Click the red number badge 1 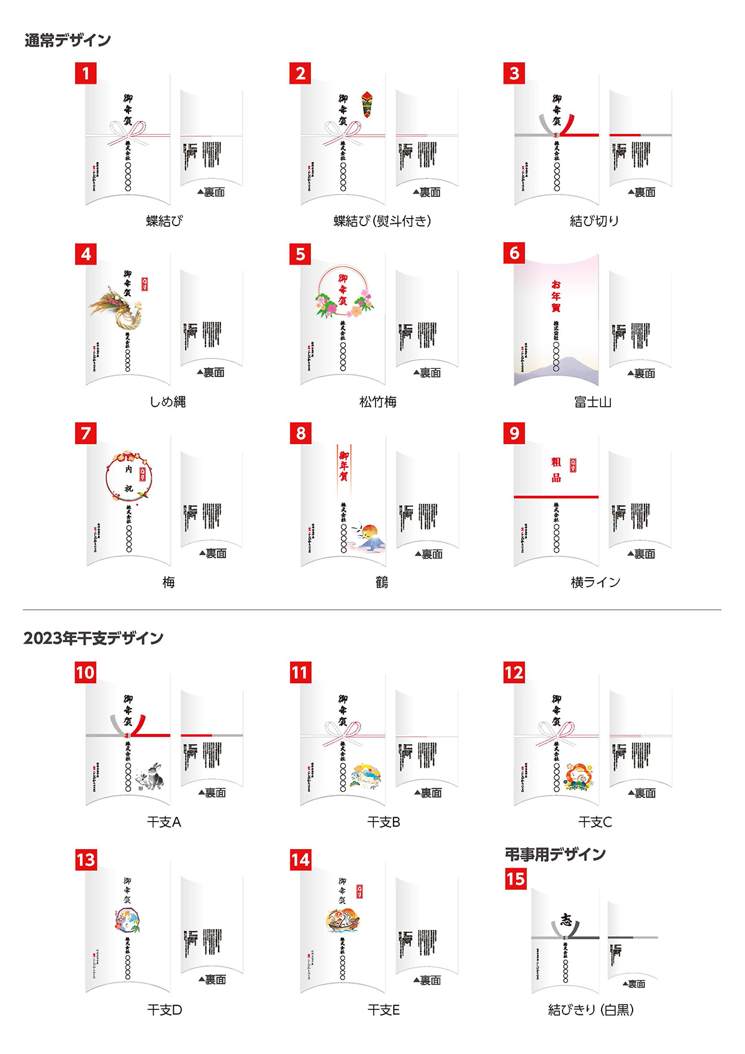(x=86, y=73)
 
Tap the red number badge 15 (x=516, y=879)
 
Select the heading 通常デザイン (x=68, y=40)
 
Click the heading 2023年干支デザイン (x=94, y=638)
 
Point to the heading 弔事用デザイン (x=555, y=855)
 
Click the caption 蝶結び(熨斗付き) (x=382, y=221)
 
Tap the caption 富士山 (x=593, y=402)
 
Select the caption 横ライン (x=595, y=583)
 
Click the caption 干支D (x=165, y=1010)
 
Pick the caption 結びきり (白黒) (x=591, y=1010)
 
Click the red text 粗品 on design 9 (x=556, y=470)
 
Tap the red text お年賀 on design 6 (x=556, y=296)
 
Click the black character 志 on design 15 (x=566, y=920)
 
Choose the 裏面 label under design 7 (x=212, y=553)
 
